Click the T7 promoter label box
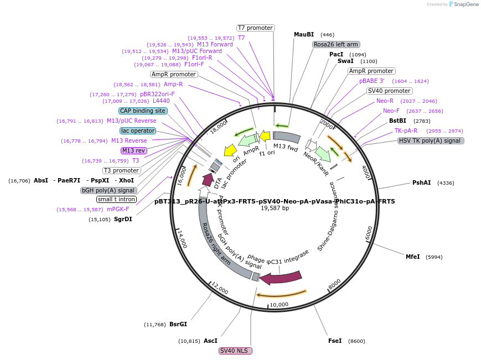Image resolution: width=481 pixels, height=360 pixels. pos(255,28)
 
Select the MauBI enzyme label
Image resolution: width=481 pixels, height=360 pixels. pos(303,34)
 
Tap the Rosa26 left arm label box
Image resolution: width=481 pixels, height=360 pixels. pos(335,44)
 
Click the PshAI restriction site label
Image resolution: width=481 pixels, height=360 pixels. pos(421,182)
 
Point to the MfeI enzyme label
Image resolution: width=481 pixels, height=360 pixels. pos(412,257)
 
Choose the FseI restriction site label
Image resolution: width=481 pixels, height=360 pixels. pos(335,341)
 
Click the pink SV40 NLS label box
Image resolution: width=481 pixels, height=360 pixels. pos(235,351)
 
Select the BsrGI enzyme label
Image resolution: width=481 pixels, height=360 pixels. pos(178,324)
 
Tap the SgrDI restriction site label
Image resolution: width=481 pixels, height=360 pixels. pos(123,219)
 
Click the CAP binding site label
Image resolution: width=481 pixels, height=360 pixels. pos(143,111)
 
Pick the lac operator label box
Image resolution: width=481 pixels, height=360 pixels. pos(138,131)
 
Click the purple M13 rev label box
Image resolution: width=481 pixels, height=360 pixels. pos(133,150)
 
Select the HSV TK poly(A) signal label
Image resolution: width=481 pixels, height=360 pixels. pos(431,140)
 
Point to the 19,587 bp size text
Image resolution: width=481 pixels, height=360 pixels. pos(275,208)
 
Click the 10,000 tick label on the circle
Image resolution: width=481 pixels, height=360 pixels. pos(279,304)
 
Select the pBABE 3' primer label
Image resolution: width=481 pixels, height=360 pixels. pos(371,81)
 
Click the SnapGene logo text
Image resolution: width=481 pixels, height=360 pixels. pos(464,4)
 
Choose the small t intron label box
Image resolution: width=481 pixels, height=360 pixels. pos(116,199)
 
